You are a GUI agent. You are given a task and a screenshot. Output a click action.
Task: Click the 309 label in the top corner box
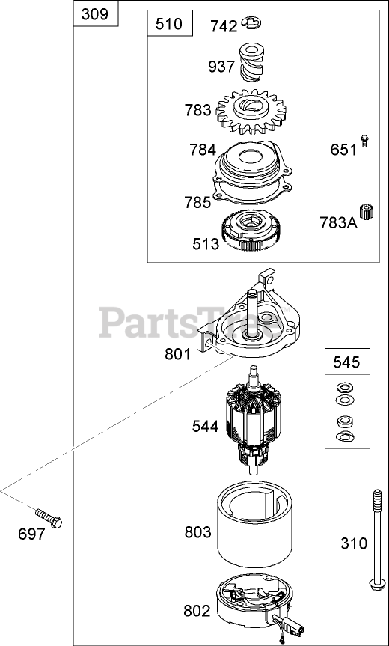click(x=95, y=14)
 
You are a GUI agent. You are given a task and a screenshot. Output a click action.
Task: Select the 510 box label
click(x=169, y=24)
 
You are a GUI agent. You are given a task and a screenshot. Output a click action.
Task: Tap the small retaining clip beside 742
click(x=252, y=23)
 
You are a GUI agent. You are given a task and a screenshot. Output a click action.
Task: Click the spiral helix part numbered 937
click(x=251, y=62)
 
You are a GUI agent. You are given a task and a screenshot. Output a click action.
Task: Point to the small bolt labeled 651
click(x=364, y=141)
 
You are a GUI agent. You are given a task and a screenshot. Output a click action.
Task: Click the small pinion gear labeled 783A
click(x=366, y=212)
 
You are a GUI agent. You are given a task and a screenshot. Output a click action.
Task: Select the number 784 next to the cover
click(x=203, y=150)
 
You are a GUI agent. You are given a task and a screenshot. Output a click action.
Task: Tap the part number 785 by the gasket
click(x=197, y=202)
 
